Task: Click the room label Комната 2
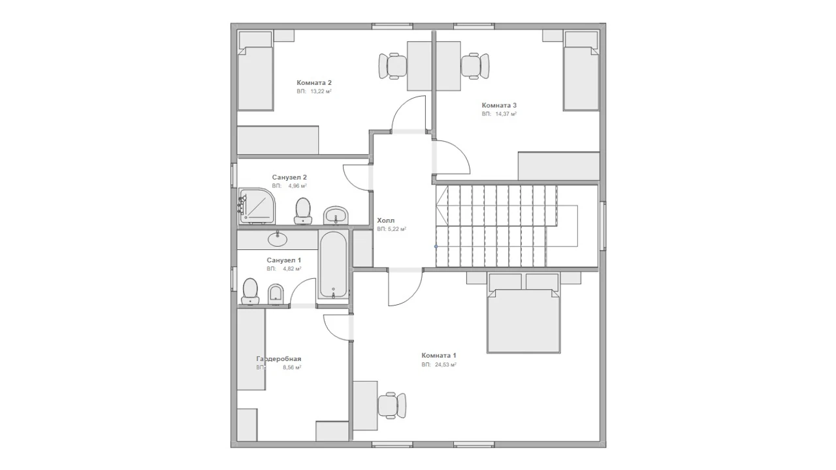(x=314, y=83)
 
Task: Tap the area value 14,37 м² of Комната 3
(x=506, y=114)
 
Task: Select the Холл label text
(x=385, y=221)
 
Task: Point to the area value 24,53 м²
(x=445, y=365)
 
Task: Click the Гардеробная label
(x=278, y=359)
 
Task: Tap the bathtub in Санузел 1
(x=333, y=265)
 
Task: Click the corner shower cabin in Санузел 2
(x=257, y=206)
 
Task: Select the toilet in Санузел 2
(x=303, y=211)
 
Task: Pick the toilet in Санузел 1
(x=250, y=291)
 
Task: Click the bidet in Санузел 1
(x=276, y=294)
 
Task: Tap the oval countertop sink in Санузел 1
(x=278, y=239)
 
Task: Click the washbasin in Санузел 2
(x=336, y=215)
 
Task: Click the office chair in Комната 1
(x=392, y=405)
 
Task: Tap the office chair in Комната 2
(x=393, y=66)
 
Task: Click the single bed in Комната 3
(x=581, y=71)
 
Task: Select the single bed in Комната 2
(x=256, y=71)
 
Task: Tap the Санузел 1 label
(x=283, y=260)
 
